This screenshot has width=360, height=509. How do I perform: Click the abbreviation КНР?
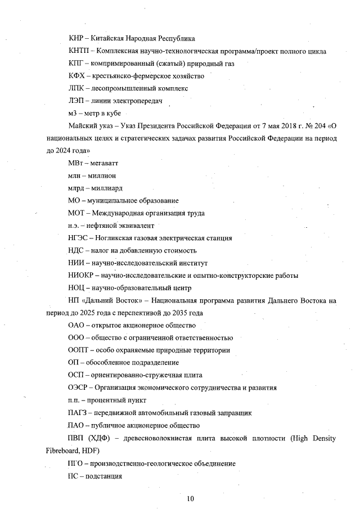tap(75, 39)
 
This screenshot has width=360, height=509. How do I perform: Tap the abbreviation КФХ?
tap(76, 76)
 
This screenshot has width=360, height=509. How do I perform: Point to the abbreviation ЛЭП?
tap(75, 101)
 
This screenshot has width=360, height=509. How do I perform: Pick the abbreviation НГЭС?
tap(77, 238)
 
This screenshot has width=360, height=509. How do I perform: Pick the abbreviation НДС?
tap(76, 250)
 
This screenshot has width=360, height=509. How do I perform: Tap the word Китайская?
tap(110, 39)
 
